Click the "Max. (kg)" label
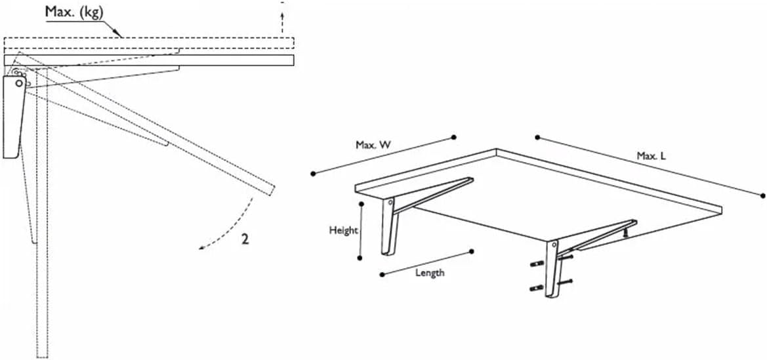(74, 12)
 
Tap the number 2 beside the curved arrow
(245, 240)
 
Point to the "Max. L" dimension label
(651, 156)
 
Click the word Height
(343, 230)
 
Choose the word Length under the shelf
(430, 272)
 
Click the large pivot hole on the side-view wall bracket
(19, 83)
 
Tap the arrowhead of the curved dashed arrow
(201, 248)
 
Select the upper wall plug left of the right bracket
(537, 264)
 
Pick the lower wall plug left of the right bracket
(537, 288)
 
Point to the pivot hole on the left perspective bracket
(390, 201)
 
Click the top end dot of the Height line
(360, 203)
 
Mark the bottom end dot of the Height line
(360, 258)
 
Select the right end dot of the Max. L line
(762, 195)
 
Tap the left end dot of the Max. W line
(313, 173)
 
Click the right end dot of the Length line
(472, 251)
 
